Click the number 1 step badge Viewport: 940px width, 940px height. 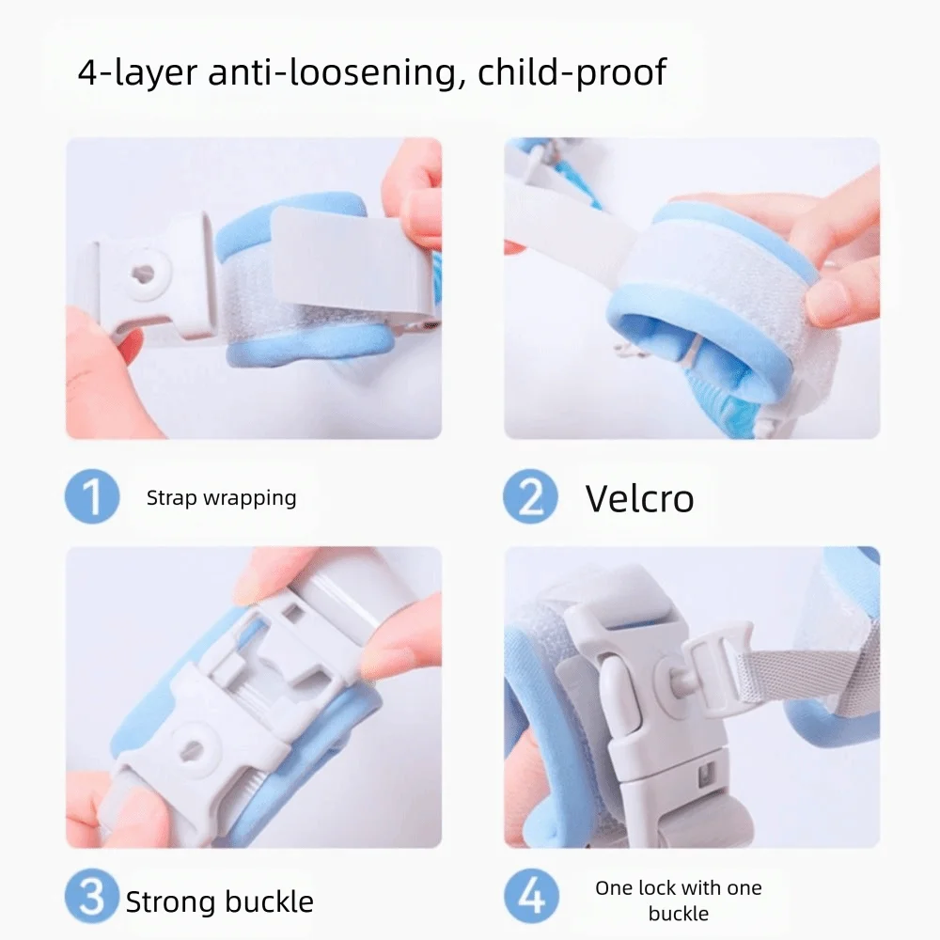click(x=92, y=497)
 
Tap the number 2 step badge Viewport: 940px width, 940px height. click(x=531, y=497)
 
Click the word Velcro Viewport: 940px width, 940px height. click(x=639, y=497)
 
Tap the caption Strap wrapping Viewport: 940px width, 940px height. click(x=221, y=498)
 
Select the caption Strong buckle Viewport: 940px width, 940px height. click(x=219, y=902)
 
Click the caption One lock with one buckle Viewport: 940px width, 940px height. click(x=678, y=900)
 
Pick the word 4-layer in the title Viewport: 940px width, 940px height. click(x=137, y=72)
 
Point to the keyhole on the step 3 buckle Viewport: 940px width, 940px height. click(x=191, y=749)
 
